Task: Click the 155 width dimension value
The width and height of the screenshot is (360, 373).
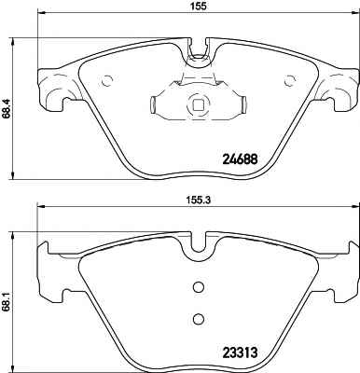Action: coord(197,7)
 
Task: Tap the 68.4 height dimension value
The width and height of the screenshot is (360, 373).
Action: coord(6,108)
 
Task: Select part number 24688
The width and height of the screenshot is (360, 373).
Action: coord(240,159)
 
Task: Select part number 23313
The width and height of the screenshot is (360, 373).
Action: coord(240,352)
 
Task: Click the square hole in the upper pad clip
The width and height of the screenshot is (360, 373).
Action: coord(197,104)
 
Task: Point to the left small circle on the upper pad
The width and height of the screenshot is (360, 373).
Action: coord(106,81)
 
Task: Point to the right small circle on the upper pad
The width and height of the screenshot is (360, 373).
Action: coord(290,81)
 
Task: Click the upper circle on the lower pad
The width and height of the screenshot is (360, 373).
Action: coord(198,287)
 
